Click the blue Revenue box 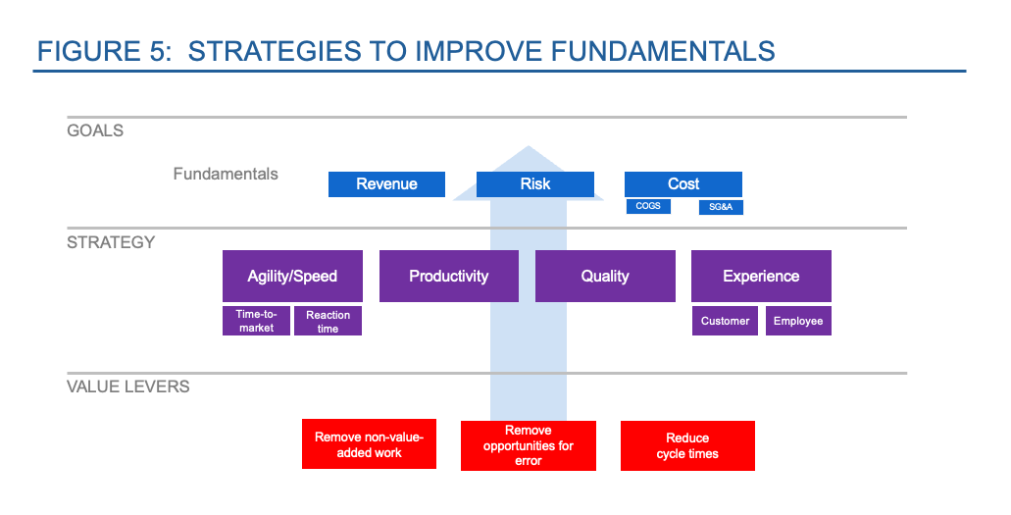pos(386,184)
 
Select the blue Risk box pos(535,184)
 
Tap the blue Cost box pos(683,184)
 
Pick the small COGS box pos(648,207)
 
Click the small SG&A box pos(720,207)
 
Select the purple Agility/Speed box pos(292,276)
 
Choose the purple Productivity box pos(449,276)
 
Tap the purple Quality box pos(605,276)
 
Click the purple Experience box pos(761,276)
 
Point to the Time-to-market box pos(256,321)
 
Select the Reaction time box pos(329,321)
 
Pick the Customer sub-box pos(725,321)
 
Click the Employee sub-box pos(798,321)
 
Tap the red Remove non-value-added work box pos(369,445)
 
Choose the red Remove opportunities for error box pos(529,445)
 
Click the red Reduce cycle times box pos(687,445)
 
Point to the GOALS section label pos(95,130)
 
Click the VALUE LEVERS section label pos(128,386)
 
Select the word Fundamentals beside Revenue pos(226,175)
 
